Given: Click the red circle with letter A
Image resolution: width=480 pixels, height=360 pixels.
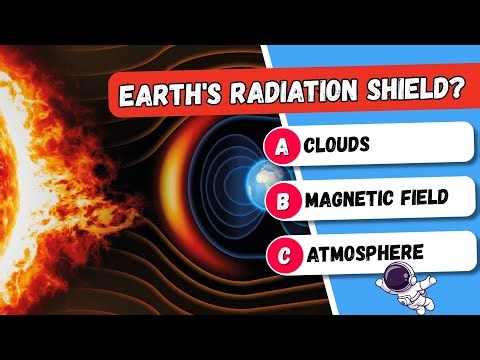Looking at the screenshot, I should [282, 147].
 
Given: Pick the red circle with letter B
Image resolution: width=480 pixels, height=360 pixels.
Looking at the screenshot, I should [282, 199].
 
